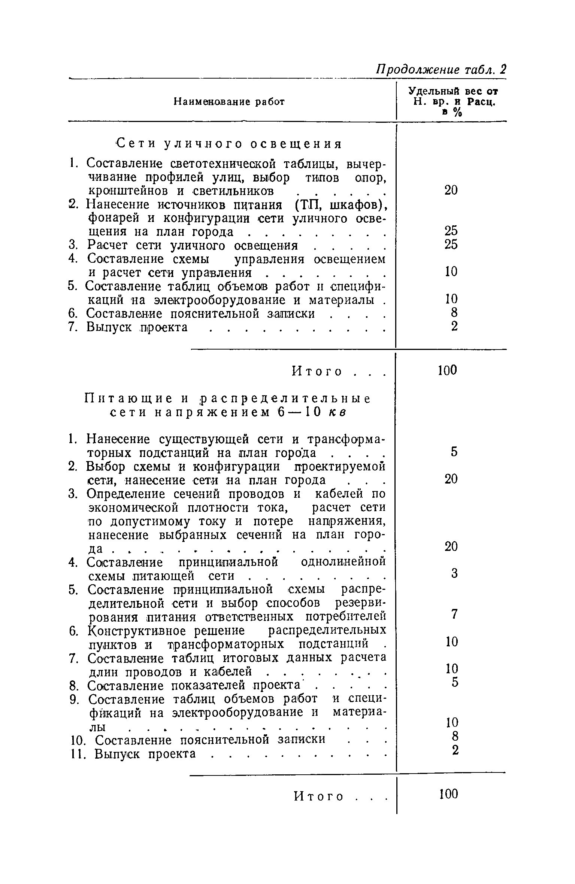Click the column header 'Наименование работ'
tap(229, 102)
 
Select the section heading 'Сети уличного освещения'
tap(229, 144)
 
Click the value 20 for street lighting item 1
tap(451, 191)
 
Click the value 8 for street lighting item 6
tap(454, 313)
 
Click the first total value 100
tap(448, 371)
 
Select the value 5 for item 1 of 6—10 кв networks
tap(454, 452)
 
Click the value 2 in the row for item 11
tap(454, 750)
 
